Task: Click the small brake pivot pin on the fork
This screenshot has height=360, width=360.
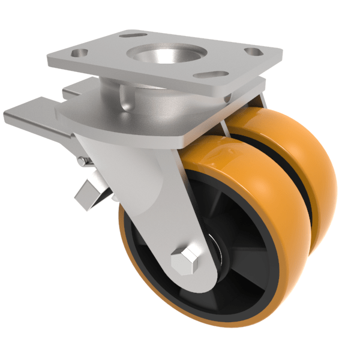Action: tap(82, 160)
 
